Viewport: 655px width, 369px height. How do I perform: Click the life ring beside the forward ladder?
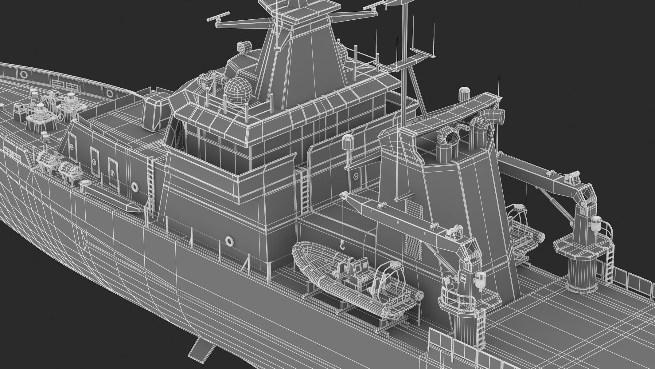[x=135, y=186]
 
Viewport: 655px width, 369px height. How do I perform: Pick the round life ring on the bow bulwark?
[x=24, y=74]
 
